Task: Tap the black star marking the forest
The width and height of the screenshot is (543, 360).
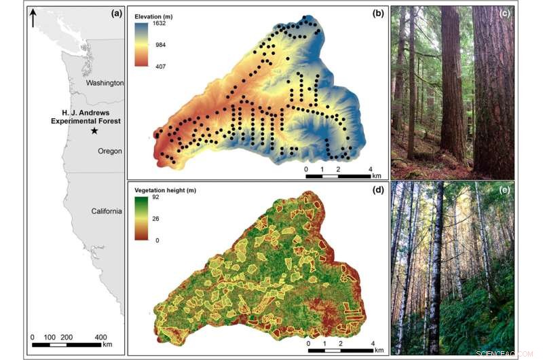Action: (x=94, y=130)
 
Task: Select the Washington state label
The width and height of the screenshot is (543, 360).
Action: (x=105, y=83)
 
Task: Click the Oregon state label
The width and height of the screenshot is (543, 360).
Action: (x=109, y=151)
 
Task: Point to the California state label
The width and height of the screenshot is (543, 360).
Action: (x=107, y=211)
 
